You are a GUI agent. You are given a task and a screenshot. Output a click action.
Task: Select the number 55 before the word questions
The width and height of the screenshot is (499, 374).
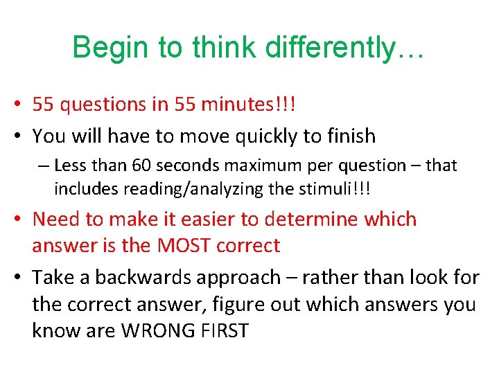[43, 105]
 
